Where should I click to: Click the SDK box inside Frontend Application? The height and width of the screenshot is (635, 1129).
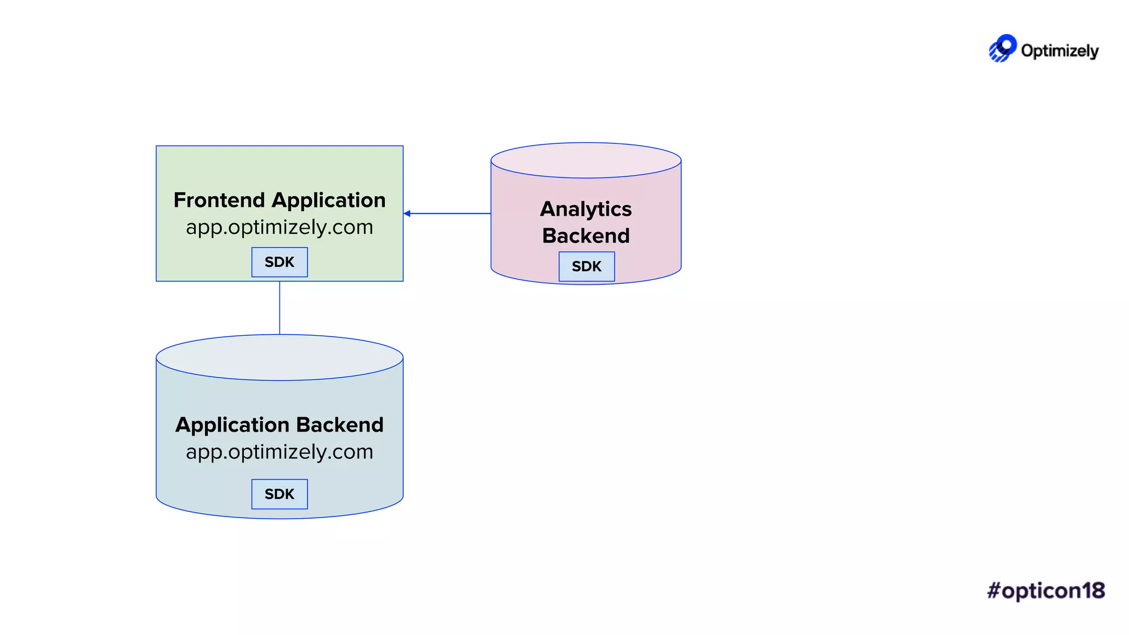click(x=279, y=262)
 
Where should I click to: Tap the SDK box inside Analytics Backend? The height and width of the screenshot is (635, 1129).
click(x=587, y=266)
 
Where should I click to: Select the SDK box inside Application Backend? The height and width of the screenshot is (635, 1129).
click(x=279, y=494)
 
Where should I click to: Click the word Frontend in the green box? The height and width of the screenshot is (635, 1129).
click(x=219, y=200)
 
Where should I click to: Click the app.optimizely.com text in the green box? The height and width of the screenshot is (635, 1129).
click(x=279, y=227)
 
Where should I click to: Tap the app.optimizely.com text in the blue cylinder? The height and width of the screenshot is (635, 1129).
click(x=279, y=452)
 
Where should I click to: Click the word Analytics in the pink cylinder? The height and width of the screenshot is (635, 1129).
click(x=586, y=209)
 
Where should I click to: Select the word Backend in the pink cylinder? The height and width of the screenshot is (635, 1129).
click(x=586, y=236)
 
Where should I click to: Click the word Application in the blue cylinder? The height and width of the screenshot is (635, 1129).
click(x=232, y=425)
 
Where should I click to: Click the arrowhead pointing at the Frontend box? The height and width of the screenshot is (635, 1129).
click(x=407, y=213)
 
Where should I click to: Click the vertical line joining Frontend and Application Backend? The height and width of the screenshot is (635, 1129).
click(x=279, y=308)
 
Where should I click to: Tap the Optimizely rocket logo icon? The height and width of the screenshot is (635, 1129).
click(x=1002, y=49)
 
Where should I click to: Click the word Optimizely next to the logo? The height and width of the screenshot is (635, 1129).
click(x=1060, y=51)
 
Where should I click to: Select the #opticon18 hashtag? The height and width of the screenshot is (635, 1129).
click(x=1046, y=590)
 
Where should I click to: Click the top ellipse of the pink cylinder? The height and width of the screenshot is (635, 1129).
click(x=586, y=160)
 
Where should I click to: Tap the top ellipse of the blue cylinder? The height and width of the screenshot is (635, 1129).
click(x=279, y=357)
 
